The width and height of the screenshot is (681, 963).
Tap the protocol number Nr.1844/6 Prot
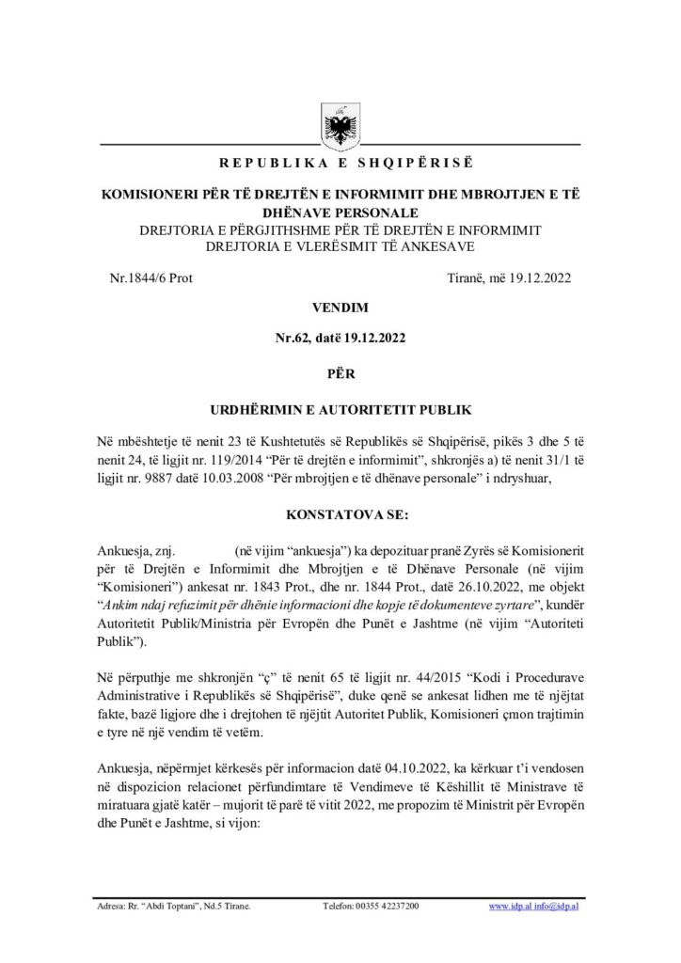pos(151,278)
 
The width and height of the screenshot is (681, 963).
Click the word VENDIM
pos(340,307)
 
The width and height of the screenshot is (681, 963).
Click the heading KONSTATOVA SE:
pos(340,516)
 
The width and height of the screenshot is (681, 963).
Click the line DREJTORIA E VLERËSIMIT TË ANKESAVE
pos(340,246)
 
